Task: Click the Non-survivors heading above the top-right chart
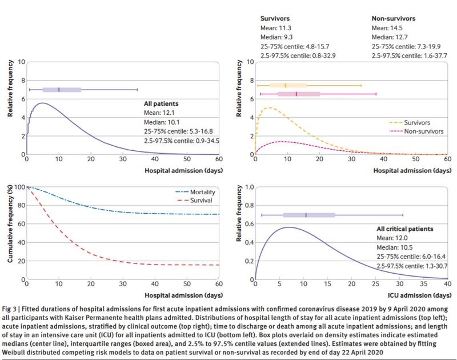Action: [394, 18]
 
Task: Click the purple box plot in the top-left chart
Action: [62, 90]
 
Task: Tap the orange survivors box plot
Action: [288, 85]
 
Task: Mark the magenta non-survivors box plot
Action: [299, 94]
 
